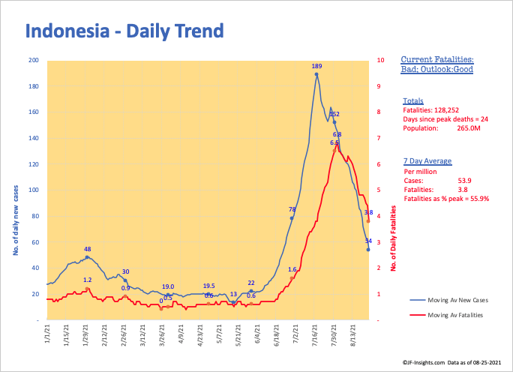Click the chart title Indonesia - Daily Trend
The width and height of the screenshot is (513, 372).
(x=124, y=31)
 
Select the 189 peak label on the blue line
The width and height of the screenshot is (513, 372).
(x=316, y=67)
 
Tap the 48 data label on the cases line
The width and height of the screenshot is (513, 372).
(x=87, y=249)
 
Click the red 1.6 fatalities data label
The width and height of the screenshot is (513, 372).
(x=292, y=269)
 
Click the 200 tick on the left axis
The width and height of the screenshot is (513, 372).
(x=34, y=60)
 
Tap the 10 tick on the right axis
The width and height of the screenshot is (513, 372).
(x=382, y=60)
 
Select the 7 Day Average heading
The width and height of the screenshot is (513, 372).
(x=425, y=160)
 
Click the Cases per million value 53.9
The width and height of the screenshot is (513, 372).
(x=463, y=180)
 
